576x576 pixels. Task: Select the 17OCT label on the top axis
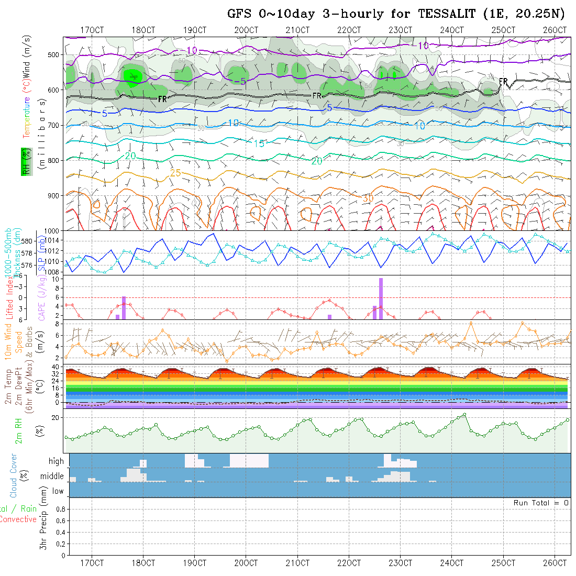click(x=92, y=30)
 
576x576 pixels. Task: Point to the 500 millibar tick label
click(x=53, y=54)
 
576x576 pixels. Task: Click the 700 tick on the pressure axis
click(x=53, y=125)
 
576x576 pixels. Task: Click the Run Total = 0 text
click(x=541, y=503)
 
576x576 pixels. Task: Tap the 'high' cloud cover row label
click(x=56, y=461)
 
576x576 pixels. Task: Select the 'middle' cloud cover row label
click(x=52, y=477)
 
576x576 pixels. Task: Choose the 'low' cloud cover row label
click(x=58, y=491)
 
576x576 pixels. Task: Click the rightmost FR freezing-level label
click(x=503, y=82)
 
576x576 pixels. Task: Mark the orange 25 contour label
click(x=176, y=173)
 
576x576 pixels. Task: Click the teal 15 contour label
click(x=259, y=143)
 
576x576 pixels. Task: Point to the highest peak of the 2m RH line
click(x=464, y=414)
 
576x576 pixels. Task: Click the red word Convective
click(x=18, y=519)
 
